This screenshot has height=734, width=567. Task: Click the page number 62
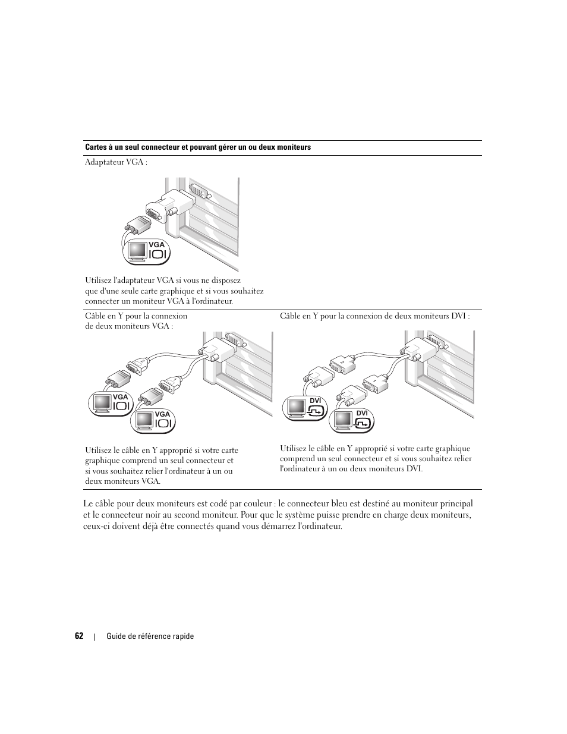[x=79, y=636]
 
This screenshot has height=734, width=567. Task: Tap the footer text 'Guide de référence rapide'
[x=150, y=637]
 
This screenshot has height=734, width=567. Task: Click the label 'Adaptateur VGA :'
[x=116, y=162]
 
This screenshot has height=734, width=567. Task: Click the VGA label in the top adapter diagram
[x=156, y=245]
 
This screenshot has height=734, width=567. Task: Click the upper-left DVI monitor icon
[x=296, y=408]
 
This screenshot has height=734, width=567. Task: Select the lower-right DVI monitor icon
[x=342, y=420]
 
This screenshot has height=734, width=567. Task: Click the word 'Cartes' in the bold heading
[x=96, y=147]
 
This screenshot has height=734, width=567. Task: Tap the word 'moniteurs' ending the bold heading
[x=296, y=147]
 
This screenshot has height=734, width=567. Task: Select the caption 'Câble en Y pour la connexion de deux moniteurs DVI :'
[x=374, y=316]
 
